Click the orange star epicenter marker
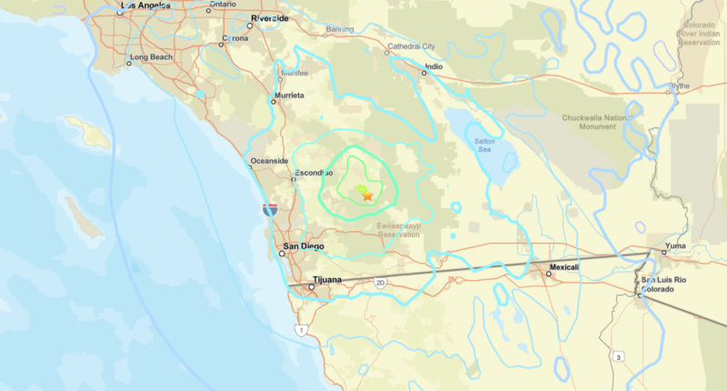pyautogui.click(x=367, y=195)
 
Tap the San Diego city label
pyautogui.click(x=304, y=246)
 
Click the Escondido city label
pyautogui.click(x=314, y=172)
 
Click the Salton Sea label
pyautogui.click(x=489, y=144)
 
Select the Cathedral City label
pyautogui.click(x=412, y=45)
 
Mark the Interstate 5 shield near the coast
pyautogui.click(x=270, y=210)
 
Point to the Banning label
pyautogui.click(x=340, y=29)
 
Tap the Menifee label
pyautogui.click(x=294, y=73)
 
